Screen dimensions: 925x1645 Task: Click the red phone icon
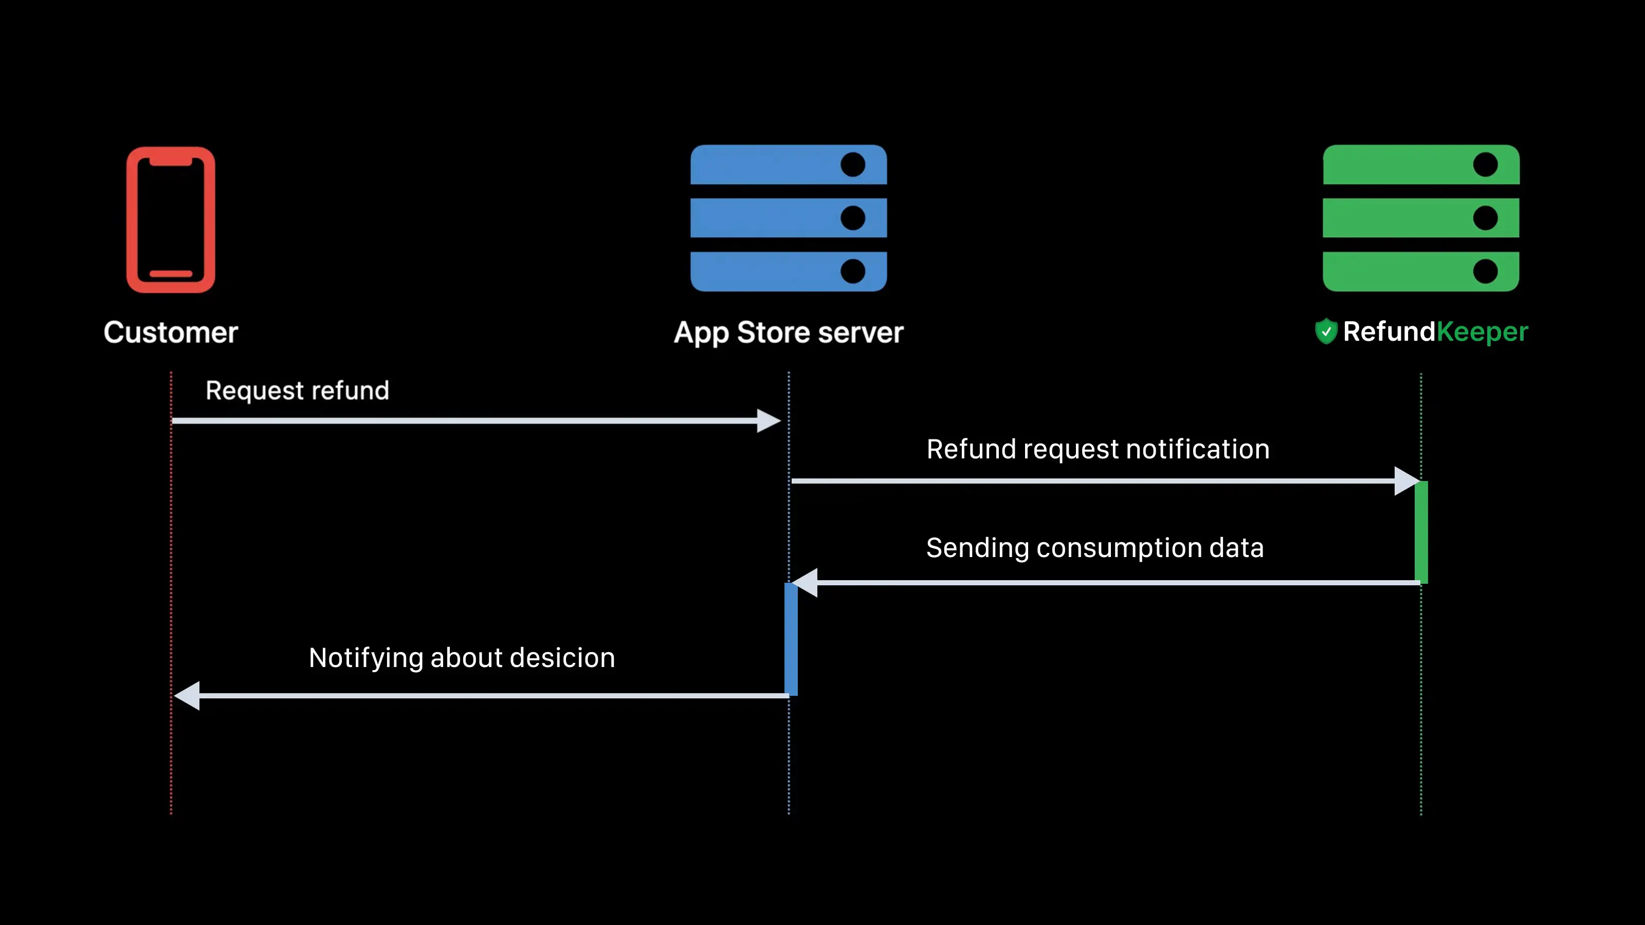171,219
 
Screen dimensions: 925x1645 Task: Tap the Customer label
171,332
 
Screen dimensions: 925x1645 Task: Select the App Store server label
789,332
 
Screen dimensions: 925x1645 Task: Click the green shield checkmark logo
1326,331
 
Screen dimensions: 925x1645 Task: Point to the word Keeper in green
1482,332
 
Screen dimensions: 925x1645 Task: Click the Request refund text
297,390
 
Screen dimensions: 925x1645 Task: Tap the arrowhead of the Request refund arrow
768,421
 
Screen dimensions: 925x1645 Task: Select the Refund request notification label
1098,449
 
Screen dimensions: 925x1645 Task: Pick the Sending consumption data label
1094,548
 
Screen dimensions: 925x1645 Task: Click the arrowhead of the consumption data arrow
805,583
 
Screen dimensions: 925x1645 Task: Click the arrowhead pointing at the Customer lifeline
187,695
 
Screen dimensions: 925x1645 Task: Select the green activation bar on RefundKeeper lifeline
1421,532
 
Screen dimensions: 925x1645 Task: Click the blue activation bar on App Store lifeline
791,638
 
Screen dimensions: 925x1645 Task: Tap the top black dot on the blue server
852,164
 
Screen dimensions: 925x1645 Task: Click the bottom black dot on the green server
1485,271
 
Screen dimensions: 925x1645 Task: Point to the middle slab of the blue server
766,218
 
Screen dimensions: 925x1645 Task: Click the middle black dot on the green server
1485,218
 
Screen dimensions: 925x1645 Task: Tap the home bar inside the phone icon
171,274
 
